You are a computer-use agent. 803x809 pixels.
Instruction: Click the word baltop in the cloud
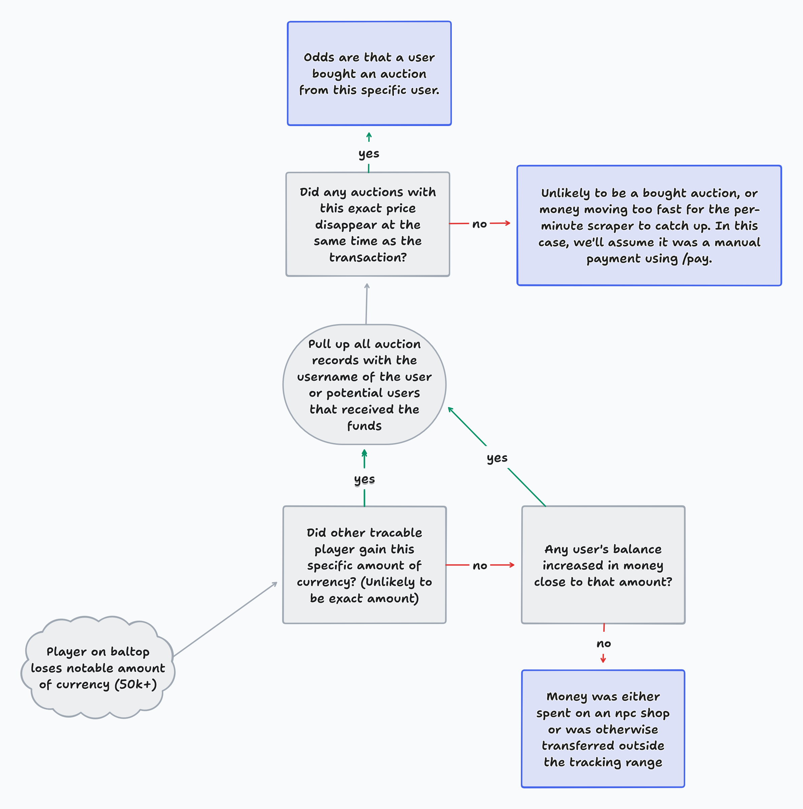click(130, 652)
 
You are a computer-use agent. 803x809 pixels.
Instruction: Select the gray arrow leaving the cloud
click(225, 619)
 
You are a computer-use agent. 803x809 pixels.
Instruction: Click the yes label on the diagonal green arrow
click(497, 458)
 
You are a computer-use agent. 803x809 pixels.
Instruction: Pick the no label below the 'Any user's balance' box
click(603, 643)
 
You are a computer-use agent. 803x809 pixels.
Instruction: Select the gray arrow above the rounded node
click(367, 304)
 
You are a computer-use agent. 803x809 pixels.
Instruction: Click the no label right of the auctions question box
click(479, 224)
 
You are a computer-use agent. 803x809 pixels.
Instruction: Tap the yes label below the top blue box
click(369, 154)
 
